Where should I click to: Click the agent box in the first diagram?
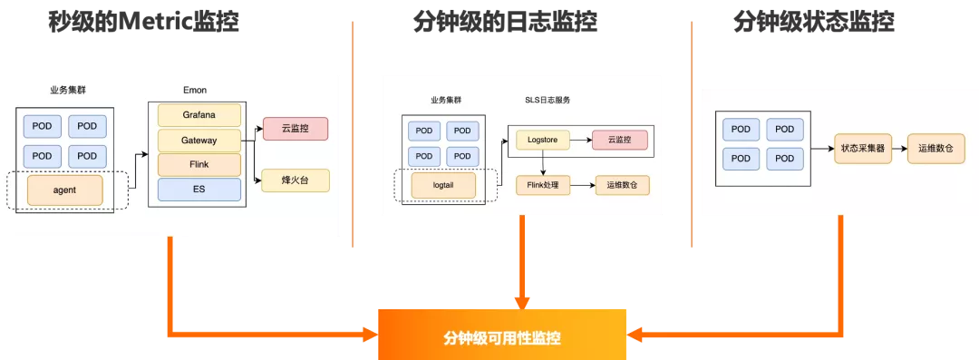(x=64, y=190)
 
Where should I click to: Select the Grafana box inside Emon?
(x=199, y=115)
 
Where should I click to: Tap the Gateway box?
(x=199, y=141)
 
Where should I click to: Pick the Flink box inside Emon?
(x=199, y=165)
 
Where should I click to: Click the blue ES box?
(x=199, y=190)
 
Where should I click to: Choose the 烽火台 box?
(x=295, y=180)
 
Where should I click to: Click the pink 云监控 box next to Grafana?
(x=295, y=129)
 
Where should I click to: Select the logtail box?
(x=443, y=185)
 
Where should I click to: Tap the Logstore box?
(x=542, y=140)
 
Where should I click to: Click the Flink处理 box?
(x=542, y=185)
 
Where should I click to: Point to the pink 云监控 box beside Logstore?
(x=620, y=140)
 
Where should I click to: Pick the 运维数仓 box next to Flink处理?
(x=622, y=185)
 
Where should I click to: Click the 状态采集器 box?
(x=863, y=147)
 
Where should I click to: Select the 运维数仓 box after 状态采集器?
(x=935, y=147)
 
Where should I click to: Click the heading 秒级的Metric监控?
(x=144, y=23)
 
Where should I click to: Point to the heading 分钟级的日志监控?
(x=505, y=23)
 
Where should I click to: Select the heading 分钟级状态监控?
(x=813, y=23)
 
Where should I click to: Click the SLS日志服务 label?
(x=548, y=100)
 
